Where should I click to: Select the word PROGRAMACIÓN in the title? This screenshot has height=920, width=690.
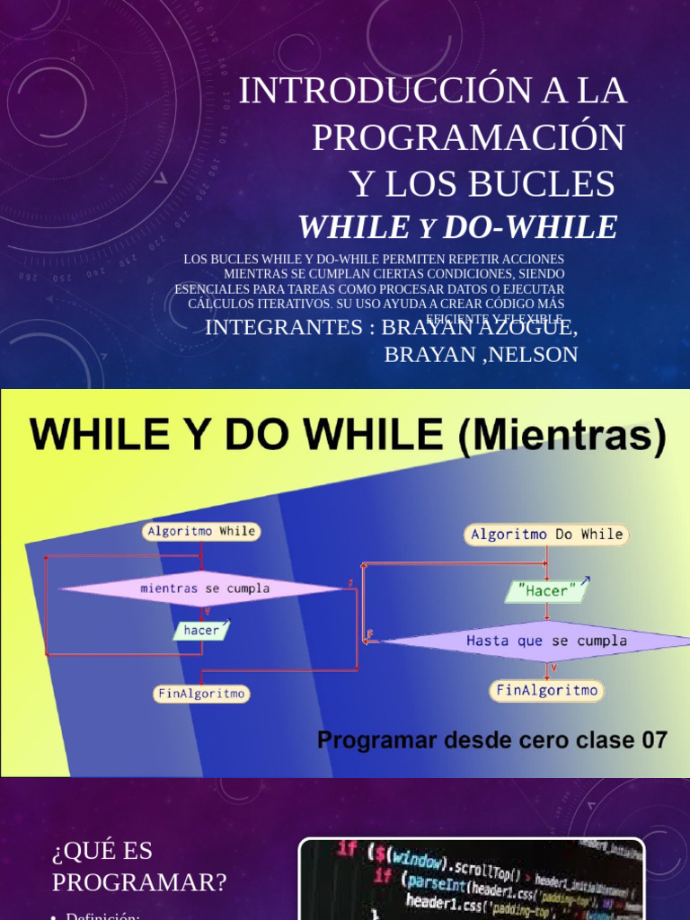point(468,137)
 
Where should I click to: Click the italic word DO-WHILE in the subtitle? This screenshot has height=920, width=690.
point(530,227)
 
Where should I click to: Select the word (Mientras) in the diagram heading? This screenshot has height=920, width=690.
point(563,438)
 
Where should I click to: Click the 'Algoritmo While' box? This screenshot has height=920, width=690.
point(200,531)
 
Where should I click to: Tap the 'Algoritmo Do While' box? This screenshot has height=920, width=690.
point(546,535)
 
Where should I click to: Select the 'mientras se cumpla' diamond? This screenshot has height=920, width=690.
point(205,588)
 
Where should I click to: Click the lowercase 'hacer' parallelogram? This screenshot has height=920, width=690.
point(201,631)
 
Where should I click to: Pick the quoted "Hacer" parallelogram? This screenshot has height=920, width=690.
point(547,591)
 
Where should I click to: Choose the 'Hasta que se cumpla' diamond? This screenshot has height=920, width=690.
point(546,641)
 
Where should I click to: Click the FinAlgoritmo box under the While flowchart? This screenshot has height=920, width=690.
point(201,694)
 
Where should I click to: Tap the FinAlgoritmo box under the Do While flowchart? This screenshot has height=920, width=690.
point(546,690)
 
